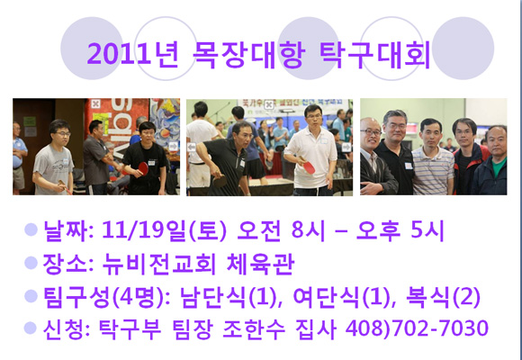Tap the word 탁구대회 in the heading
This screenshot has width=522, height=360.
tap(374, 54)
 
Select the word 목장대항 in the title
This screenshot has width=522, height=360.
tap(248, 54)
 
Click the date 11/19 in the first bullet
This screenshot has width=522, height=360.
tap(130, 230)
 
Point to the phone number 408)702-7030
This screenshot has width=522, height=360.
tap(417, 328)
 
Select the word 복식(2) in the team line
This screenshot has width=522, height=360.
tap(443, 297)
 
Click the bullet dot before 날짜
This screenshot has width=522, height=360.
tap(31, 229)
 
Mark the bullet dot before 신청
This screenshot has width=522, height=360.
tap(31, 328)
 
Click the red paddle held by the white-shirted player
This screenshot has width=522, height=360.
tap(309, 167)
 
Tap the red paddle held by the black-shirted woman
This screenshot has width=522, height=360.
tap(143, 168)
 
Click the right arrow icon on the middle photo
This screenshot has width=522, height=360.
tap(346, 147)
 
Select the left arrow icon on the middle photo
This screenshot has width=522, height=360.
tap(192, 148)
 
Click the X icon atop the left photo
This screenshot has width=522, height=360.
tap(96, 103)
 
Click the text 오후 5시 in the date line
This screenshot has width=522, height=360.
tap(400, 230)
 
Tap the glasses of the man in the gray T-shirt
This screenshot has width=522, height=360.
tap(62, 134)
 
